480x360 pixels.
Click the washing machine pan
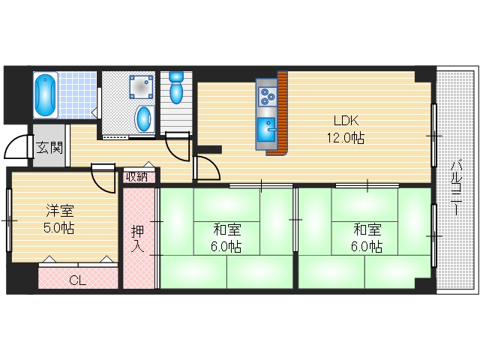pos(139,87)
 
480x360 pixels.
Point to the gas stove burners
pos(267,97)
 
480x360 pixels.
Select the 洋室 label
pos(57,211)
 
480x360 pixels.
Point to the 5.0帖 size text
pos(57,228)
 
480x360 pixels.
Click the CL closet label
pos(77,280)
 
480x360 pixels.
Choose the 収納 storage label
pos(137,177)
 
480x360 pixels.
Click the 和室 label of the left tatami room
pos(226,229)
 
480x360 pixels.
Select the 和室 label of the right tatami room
pos(367,229)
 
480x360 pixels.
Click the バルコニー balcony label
pos(456,187)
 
